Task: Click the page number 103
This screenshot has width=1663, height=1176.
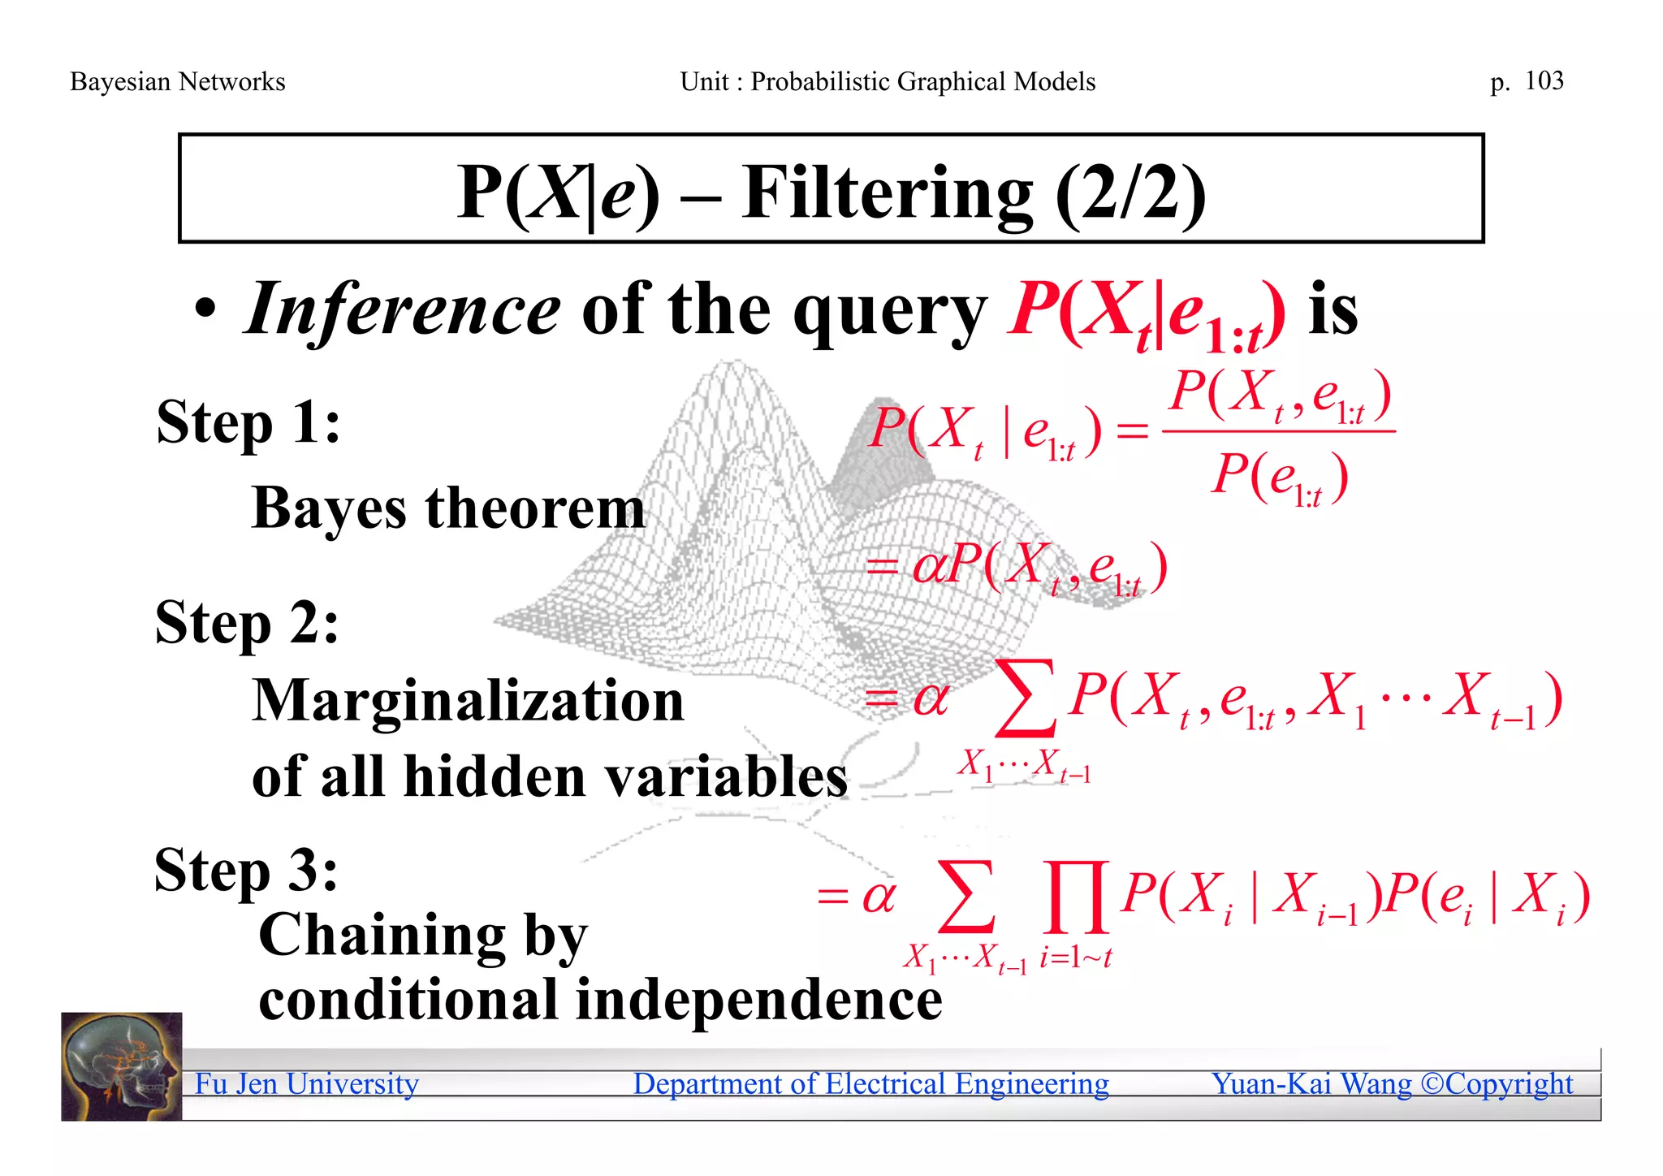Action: [1544, 80]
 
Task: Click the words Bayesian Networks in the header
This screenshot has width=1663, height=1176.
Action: [177, 81]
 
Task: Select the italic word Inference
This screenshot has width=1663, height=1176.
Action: [403, 309]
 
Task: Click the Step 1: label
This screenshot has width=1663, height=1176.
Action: [248, 422]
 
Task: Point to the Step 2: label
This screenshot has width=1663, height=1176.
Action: [247, 624]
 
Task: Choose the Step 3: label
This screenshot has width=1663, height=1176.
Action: [246, 871]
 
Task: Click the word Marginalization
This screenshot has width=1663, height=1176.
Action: [468, 700]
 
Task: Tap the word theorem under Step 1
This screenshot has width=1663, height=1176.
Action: [535, 509]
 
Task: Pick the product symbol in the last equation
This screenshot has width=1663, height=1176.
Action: [1076, 897]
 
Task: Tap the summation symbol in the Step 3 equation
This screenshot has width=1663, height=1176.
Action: [965, 897]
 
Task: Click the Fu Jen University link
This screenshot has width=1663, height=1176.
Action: [306, 1083]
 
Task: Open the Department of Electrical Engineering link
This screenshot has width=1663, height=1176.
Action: [870, 1083]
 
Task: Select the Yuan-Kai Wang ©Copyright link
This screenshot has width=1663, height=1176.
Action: [1391, 1083]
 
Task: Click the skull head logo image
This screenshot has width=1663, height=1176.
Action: [122, 1066]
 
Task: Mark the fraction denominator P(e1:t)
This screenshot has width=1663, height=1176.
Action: [1280, 478]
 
